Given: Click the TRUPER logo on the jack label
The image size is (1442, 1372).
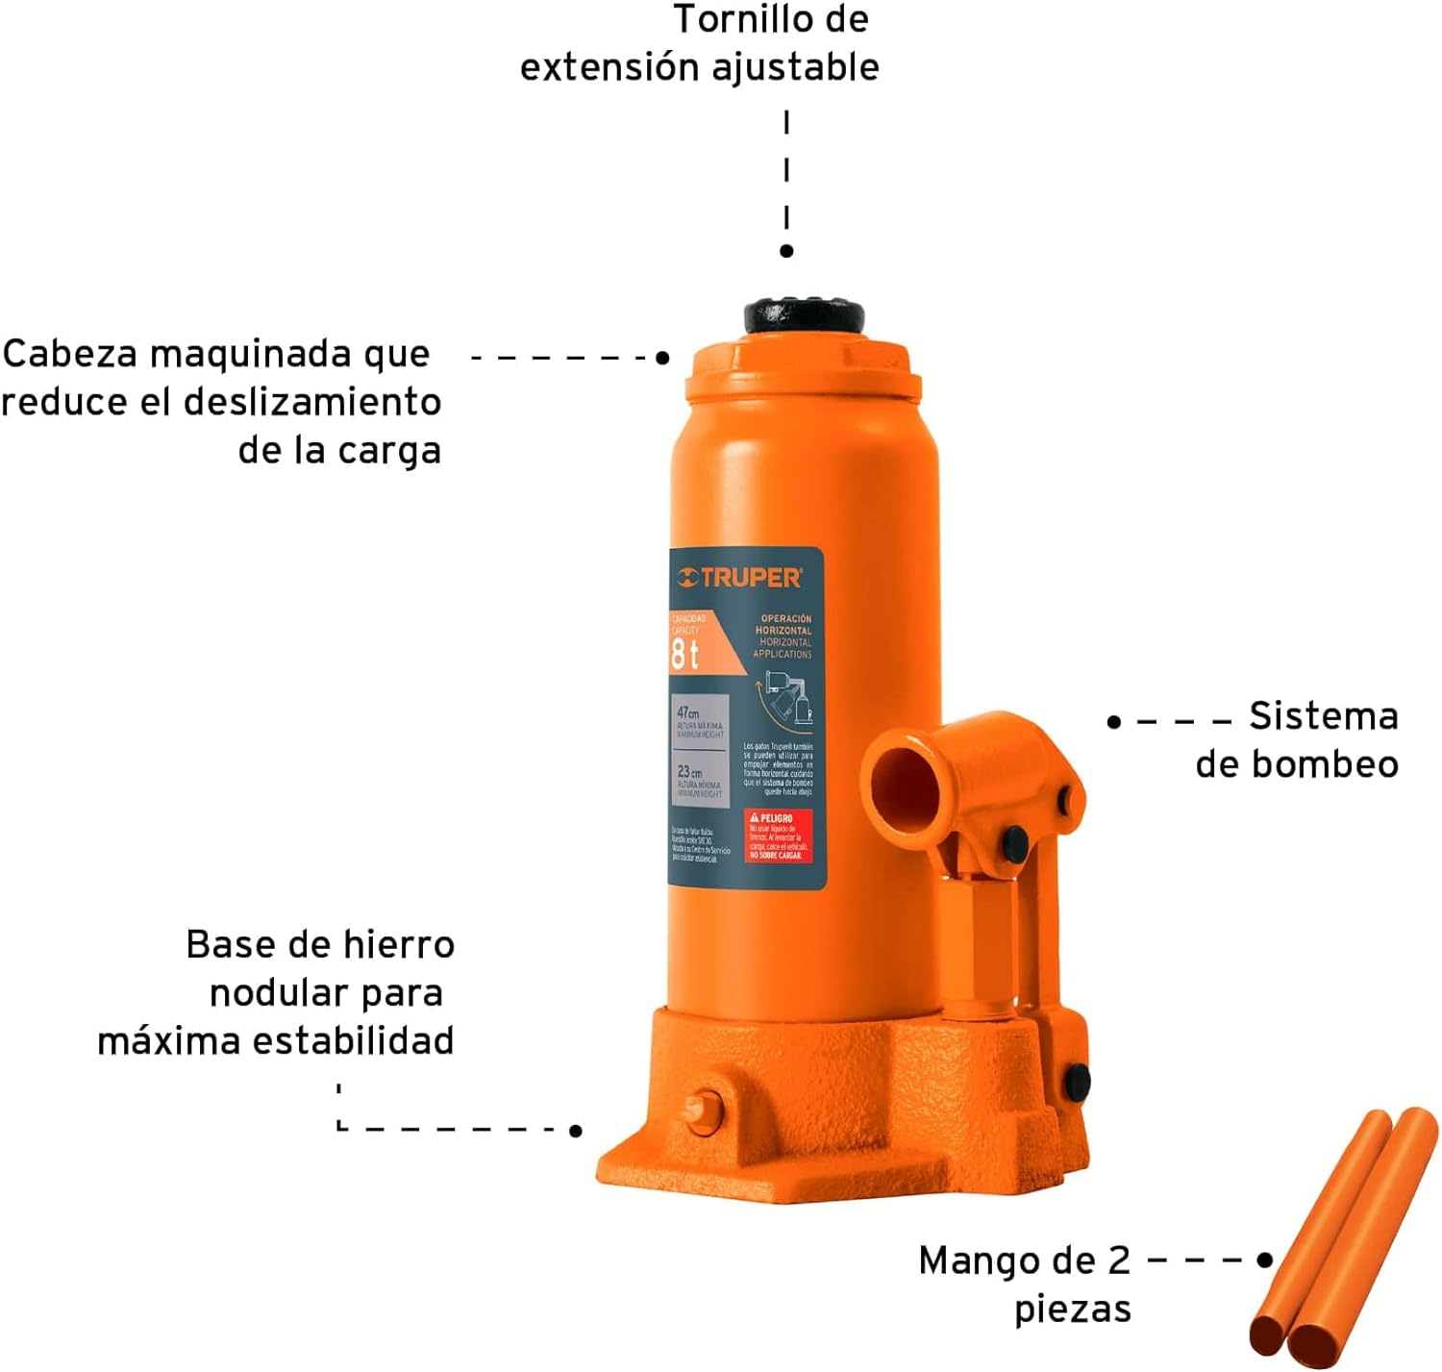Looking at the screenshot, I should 739,578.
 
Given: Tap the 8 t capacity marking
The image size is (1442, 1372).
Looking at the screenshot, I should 684,655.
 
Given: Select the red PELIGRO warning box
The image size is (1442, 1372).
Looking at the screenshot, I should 778,836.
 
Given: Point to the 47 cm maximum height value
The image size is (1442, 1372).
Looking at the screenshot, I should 688,713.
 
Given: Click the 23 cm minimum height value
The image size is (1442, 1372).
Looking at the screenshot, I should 689,772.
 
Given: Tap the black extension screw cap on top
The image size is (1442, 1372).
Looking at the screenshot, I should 804,315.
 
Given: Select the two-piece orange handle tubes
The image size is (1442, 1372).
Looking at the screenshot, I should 1343,1240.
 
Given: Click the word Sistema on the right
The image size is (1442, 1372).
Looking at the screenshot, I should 1323,716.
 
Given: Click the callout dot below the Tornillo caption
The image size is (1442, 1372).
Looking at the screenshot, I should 786,251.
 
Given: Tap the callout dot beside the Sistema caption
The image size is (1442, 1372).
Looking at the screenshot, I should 1114,721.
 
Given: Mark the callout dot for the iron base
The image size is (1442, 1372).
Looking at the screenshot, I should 576,1131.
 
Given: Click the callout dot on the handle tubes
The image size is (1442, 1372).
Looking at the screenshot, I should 1265,1260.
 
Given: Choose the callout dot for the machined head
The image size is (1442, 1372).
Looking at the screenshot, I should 662,358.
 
